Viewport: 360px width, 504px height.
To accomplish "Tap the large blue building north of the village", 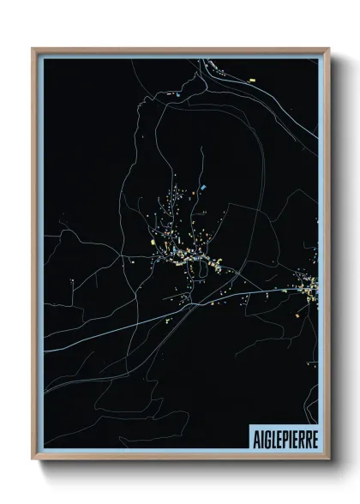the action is pyautogui.click(x=203, y=186).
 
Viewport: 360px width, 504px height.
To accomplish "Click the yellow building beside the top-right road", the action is pyautogui.click(x=254, y=80).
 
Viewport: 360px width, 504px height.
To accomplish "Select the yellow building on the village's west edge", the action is pyautogui.click(x=155, y=245).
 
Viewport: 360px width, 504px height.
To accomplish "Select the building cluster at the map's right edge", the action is pyautogui.click(x=309, y=286).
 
